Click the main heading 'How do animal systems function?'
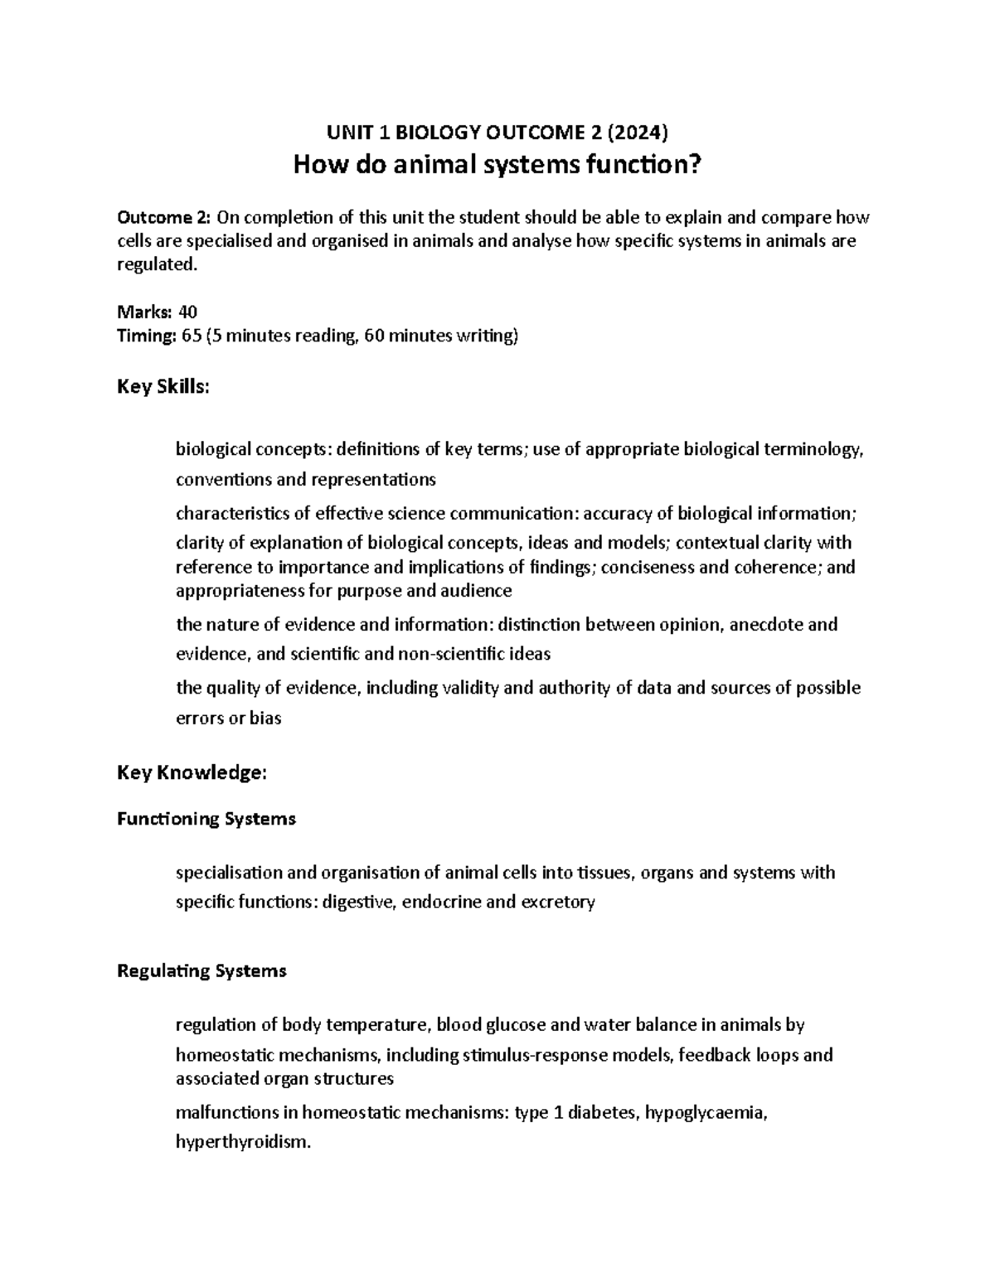[498, 166]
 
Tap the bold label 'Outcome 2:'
[164, 218]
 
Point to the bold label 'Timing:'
[146, 336]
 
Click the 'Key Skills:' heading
[163, 387]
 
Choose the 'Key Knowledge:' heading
[192, 772]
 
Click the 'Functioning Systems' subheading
[206, 819]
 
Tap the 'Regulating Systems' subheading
[201, 970]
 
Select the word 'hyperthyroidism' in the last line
[241, 1142]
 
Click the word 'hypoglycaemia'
[706, 1112]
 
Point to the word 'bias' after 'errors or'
[265, 718]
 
